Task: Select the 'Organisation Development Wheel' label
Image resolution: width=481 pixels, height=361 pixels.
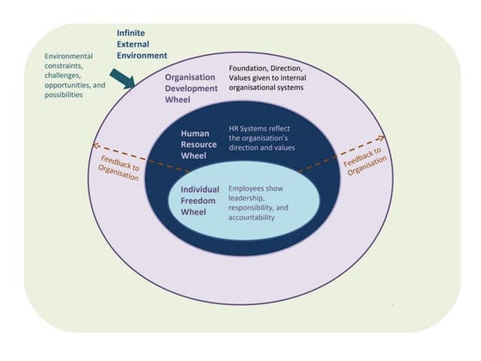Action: click(196, 88)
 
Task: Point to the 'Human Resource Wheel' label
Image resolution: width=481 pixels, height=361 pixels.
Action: click(199, 145)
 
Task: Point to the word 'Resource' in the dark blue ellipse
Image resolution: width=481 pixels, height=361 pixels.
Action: click(199, 145)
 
